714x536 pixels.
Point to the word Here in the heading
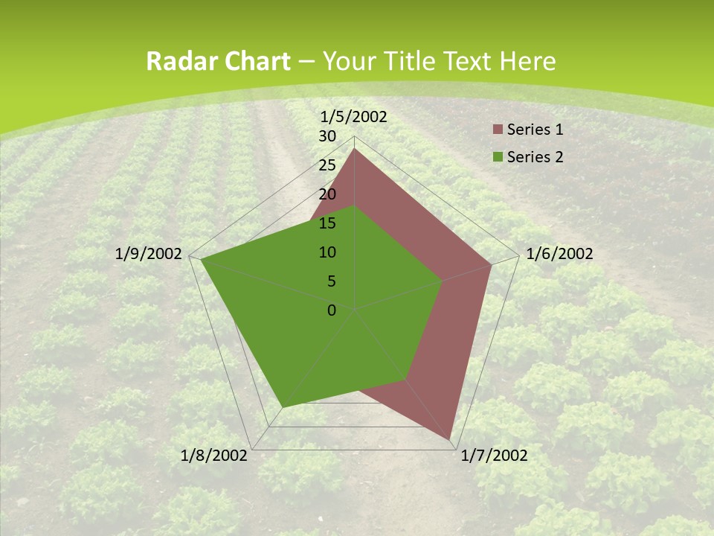click(x=528, y=61)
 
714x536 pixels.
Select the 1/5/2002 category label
click(x=353, y=116)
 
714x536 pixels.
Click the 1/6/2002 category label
click(x=559, y=254)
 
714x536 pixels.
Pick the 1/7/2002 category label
click(x=494, y=456)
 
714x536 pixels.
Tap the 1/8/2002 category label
click(x=214, y=456)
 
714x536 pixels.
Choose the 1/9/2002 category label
click(x=149, y=254)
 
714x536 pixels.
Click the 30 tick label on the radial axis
click(x=327, y=136)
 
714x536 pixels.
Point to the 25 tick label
click(x=327, y=165)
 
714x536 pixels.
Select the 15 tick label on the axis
click(x=327, y=223)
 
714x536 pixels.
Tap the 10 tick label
click(x=327, y=252)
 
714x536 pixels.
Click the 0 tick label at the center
click(x=332, y=310)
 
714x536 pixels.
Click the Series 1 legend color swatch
click(x=498, y=130)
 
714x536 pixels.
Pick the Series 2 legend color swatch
click(x=498, y=157)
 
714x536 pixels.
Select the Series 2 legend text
click(x=535, y=157)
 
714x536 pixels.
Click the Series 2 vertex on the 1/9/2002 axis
click(x=201, y=259)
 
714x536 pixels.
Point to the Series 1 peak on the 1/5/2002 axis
click(x=354, y=148)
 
